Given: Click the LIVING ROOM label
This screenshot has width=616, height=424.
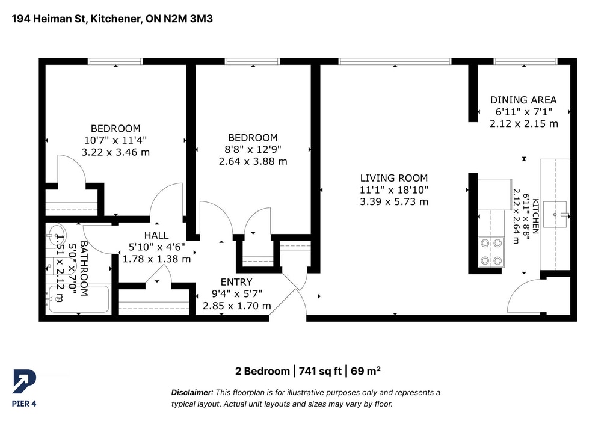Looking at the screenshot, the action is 394,178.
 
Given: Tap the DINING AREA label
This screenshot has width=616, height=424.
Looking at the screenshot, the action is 523,100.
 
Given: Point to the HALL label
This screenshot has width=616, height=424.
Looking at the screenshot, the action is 156,235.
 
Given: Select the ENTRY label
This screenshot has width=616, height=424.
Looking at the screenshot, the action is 236,282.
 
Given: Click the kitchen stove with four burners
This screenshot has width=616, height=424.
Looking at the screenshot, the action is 491,251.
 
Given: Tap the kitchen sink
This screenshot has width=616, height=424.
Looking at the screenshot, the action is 555,214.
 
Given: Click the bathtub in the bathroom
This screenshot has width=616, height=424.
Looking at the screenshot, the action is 78,299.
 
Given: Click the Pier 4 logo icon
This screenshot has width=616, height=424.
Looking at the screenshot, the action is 24,381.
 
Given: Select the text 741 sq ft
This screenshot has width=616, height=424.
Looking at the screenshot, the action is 320,371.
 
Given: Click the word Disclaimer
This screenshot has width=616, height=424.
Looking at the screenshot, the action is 191,392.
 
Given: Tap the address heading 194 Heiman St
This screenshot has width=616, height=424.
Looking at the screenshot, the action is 48,19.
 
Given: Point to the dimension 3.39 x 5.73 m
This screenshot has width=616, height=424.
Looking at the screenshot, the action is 394,202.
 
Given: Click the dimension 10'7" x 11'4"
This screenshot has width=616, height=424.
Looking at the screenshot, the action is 115,140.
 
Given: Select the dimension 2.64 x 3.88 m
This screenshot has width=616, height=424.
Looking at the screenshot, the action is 253,161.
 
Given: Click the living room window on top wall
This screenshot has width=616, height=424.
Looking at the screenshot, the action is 395,61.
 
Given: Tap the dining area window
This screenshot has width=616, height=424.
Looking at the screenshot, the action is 525,61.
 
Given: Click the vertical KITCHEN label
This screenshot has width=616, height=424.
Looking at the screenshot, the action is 535,217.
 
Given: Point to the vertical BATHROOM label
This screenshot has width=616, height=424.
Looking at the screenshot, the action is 84,268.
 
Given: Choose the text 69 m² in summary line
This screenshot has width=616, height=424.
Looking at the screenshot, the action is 365,371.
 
